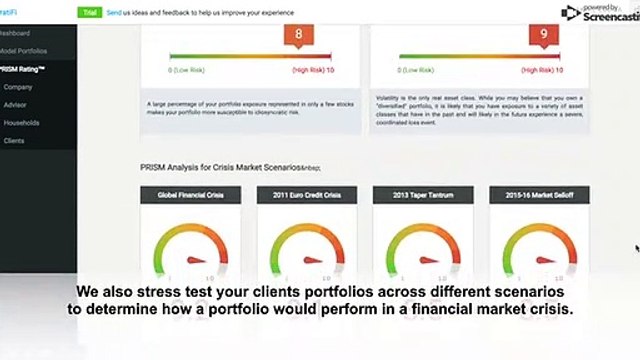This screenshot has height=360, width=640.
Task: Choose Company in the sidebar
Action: [19, 87]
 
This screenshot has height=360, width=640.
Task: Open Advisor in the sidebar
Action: [18, 105]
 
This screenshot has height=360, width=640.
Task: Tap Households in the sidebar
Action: [22, 123]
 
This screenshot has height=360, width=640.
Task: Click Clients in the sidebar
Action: [15, 141]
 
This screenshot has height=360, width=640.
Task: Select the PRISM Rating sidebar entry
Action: [23, 69]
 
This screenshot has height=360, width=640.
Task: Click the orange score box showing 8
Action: [299, 37]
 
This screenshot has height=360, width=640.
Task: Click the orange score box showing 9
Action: [542, 37]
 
